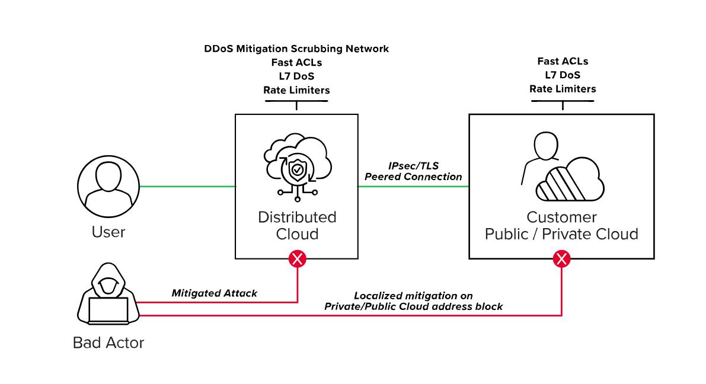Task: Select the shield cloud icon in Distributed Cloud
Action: (x=296, y=165)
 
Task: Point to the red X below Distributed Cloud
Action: (x=297, y=258)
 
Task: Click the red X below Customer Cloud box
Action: (x=561, y=258)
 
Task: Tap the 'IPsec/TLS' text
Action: (x=413, y=166)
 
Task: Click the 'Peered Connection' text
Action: (x=413, y=177)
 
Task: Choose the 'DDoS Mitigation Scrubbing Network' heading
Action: (x=296, y=49)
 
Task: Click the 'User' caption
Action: (x=108, y=231)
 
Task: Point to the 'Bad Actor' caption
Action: (x=108, y=343)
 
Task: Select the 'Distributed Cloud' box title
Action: (x=297, y=225)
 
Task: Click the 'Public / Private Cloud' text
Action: (x=561, y=234)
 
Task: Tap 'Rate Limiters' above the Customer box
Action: (x=563, y=89)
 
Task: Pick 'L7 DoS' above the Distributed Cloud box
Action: (x=296, y=76)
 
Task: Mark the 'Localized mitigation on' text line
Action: (x=413, y=295)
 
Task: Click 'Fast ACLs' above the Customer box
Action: (x=563, y=61)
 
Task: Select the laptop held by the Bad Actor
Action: (x=108, y=311)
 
